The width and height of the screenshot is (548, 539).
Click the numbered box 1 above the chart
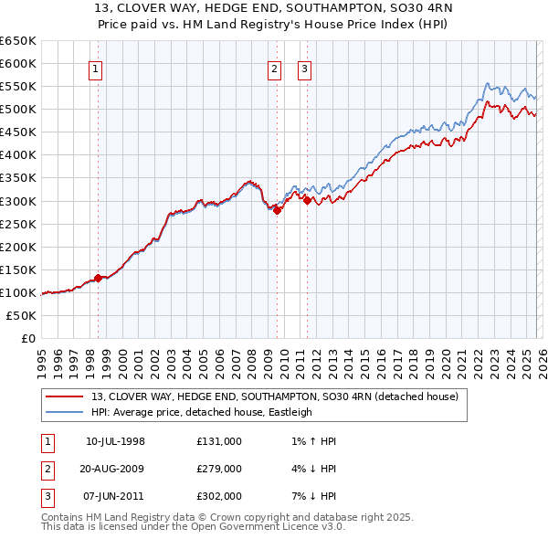96,67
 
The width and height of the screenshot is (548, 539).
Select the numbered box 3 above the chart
304,67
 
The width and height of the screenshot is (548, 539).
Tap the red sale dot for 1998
98,278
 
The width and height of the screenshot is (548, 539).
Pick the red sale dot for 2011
307,199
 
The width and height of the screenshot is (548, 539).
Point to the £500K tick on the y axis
19,110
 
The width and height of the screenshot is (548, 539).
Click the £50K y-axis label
22,315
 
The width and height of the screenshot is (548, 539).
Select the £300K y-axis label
19,201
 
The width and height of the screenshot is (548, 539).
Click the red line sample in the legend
65,396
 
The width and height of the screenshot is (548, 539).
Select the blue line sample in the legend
65,412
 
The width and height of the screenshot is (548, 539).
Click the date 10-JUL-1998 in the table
115,441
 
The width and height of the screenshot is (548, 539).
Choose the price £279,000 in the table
219,469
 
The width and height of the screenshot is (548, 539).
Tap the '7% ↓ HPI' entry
310,496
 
